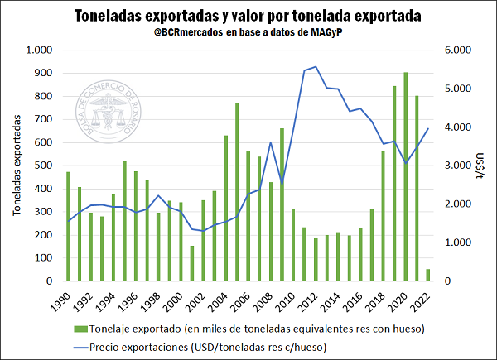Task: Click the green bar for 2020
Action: click(x=404, y=177)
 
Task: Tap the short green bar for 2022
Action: click(x=427, y=275)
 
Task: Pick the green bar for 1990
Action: click(x=69, y=227)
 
